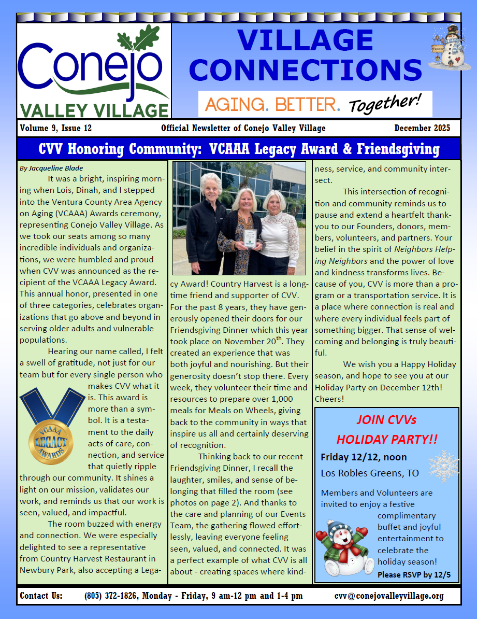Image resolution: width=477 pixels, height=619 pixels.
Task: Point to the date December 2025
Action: (422, 128)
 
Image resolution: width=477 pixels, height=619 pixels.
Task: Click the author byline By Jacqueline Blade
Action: (51, 168)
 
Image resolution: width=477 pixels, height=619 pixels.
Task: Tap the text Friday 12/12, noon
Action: (364, 457)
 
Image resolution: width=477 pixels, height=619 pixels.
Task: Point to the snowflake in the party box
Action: (443, 465)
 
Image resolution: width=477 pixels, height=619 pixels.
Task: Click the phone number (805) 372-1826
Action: (111, 596)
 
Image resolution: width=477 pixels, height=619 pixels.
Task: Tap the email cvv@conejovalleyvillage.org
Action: (389, 596)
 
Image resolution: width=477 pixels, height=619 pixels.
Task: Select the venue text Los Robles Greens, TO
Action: (369, 473)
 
